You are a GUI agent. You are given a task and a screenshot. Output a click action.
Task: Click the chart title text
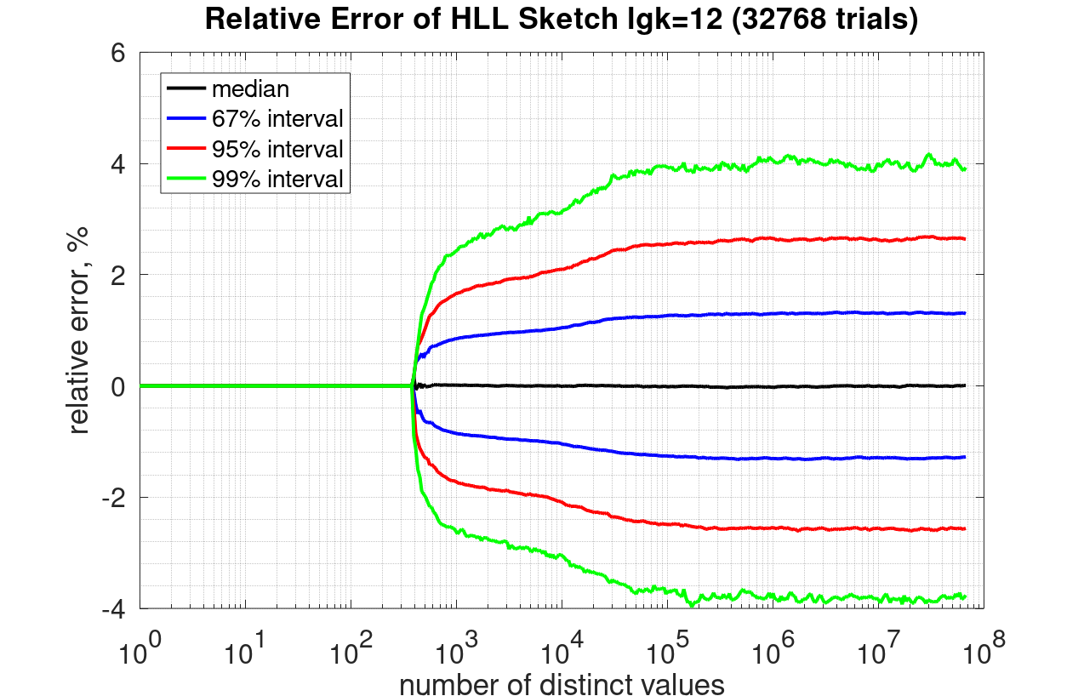click(x=561, y=20)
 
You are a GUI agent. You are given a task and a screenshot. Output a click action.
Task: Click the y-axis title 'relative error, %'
click(x=79, y=331)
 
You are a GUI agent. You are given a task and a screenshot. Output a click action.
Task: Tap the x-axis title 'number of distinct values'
click(x=562, y=684)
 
